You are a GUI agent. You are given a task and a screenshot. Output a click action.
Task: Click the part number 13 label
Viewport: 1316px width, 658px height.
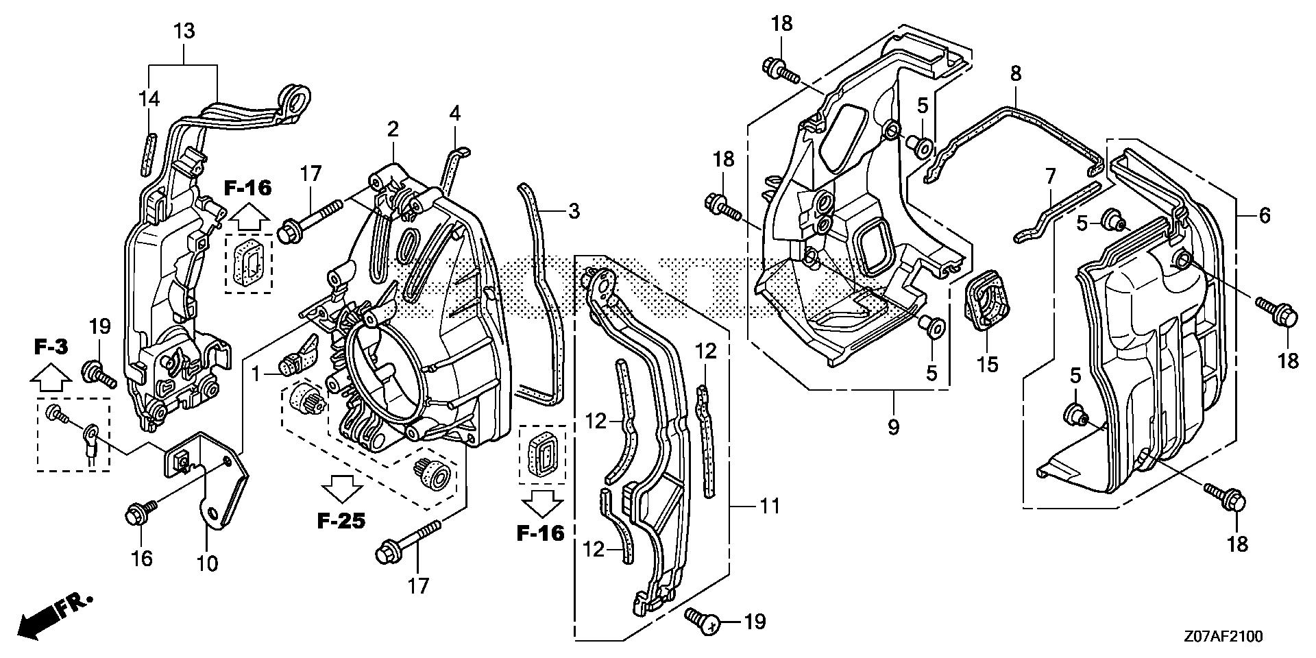(184, 32)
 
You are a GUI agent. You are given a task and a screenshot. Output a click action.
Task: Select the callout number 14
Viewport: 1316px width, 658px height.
(148, 99)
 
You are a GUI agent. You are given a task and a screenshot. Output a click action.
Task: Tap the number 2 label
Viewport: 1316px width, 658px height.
(393, 128)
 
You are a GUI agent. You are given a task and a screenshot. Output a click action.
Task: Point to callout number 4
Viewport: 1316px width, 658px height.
(455, 112)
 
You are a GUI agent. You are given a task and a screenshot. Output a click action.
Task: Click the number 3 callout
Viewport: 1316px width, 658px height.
(574, 211)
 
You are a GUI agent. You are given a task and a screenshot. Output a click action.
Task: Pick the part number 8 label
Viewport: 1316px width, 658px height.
(1016, 73)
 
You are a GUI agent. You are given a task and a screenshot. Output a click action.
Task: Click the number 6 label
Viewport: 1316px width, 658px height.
(1265, 215)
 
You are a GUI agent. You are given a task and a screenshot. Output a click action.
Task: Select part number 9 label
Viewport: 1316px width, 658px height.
(893, 427)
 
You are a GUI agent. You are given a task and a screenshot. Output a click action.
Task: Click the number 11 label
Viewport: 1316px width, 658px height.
(770, 507)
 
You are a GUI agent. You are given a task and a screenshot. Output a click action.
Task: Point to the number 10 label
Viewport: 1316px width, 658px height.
(207, 563)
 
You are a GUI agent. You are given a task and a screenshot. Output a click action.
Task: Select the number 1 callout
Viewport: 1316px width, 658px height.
(256, 374)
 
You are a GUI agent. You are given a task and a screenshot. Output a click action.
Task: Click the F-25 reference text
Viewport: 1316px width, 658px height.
(341, 521)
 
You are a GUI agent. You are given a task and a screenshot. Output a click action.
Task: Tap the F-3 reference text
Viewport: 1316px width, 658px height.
(51, 348)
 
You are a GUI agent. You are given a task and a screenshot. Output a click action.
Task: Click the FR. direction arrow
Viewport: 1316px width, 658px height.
(51, 616)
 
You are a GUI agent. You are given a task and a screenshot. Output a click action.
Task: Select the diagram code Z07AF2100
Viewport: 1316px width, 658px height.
(1221, 637)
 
